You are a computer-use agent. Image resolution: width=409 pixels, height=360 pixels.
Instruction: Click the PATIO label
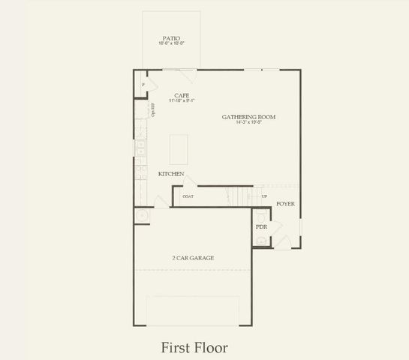(x=171, y=38)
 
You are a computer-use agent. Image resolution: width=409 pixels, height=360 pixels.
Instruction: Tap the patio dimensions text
(x=171, y=43)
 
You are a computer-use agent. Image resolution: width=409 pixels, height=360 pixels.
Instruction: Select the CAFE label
(x=181, y=95)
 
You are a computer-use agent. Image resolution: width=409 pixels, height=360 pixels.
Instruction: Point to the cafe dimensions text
(x=181, y=100)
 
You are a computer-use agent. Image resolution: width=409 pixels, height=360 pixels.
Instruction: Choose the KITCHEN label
(x=171, y=174)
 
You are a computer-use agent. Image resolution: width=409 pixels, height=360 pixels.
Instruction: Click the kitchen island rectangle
(x=179, y=150)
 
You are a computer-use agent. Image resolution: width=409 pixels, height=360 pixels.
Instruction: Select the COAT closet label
(x=188, y=196)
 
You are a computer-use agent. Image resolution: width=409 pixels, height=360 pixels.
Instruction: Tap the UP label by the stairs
(x=264, y=196)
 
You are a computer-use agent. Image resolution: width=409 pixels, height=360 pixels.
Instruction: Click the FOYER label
(x=285, y=203)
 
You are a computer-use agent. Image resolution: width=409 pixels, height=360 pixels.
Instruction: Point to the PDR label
(x=261, y=226)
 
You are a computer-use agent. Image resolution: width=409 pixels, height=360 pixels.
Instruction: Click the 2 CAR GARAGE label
(x=193, y=258)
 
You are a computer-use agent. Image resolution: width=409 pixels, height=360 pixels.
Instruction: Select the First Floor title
(x=194, y=347)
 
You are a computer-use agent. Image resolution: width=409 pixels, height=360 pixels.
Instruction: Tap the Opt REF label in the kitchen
(x=153, y=109)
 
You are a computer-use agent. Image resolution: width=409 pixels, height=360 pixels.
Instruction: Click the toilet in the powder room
(x=260, y=240)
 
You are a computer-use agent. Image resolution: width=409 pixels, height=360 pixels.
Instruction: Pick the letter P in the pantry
(x=144, y=85)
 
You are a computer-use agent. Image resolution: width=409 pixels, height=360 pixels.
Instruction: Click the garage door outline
(x=193, y=310)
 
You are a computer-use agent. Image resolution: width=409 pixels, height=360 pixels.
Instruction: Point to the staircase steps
(x=240, y=196)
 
